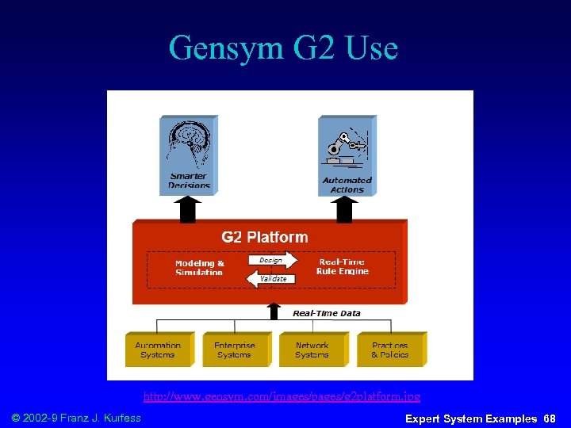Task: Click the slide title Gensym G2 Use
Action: pyautogui.click(x=283, y=48)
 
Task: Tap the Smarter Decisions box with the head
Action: pyautogui.click(x=188, y=155)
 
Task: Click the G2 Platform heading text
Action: pyautogui.click(x=264, y=236)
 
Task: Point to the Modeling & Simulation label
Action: pyautogui.click(x=199, y=267)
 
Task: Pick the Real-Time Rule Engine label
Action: pyautogui.click(x=342, y=266)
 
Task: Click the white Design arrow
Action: pyautogui.click(x=273, y=260)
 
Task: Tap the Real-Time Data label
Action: pyautogui.click(x=326, y=313)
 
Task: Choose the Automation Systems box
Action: pyautogui.click(x=158, y=350)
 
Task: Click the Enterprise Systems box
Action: pyautogui.click(x=234, y=350)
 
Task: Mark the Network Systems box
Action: pyautogui.click(x=312, y=350)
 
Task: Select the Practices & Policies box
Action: pyautogui.click(x=389, y=350)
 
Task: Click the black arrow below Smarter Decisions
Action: pyautogui.click(x=188, y=209)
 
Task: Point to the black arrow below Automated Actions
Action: pyautogui.click(x=345, y=209)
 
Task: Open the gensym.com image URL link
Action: pyautogui.click(x=282, y=396)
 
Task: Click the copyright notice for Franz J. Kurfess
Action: pyautogui.click(x=77, y=418)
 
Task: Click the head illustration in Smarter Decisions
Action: pyautogui.click(x=187, y=145)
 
